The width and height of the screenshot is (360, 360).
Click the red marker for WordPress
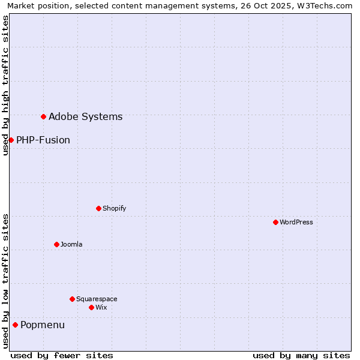click(x=275, y=222)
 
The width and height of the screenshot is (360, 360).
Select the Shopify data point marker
click(x=98, y=208)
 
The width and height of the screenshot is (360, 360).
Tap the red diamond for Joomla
click(x=56, y=244)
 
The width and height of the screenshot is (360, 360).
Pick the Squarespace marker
click(x=72, y=299)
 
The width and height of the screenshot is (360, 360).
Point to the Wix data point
click(x=91, y=307)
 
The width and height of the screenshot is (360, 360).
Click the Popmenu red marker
click(x=15, y=325)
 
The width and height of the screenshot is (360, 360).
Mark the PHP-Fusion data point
click(x=11, y=140)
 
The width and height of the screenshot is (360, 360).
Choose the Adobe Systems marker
click(x=43, y=116)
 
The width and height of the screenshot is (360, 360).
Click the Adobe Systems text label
click(x=85, y=116)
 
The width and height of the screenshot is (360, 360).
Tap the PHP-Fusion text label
click(x=43, y=140)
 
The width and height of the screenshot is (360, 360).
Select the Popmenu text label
click(x=43, y=325)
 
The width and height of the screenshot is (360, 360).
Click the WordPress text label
click(x=296, y=222)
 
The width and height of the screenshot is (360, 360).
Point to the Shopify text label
click(x=115, y=208)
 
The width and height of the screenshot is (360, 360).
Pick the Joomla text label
click(x=71, y=244)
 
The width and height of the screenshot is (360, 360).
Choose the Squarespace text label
click(x=97, y=299)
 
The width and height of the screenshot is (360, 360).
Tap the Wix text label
click(x=101, y=307)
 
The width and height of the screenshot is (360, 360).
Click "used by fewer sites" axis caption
click(x=62, y=355)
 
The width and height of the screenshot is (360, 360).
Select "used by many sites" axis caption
click(x=301, y=355)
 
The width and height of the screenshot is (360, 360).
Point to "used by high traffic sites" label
click(x=5, y=85)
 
